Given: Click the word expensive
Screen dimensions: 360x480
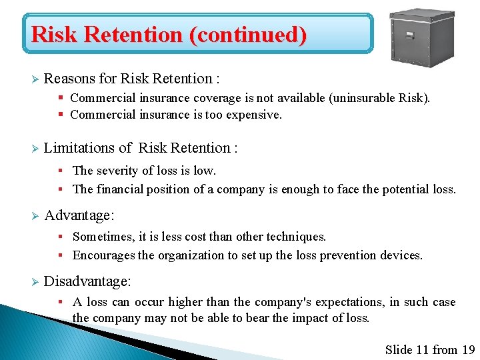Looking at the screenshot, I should click(255, 115).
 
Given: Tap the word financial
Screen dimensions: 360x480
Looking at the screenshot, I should click(121, 189).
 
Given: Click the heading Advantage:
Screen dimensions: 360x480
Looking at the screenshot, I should click(79, 215).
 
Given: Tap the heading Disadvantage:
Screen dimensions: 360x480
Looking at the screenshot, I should click(87, 281).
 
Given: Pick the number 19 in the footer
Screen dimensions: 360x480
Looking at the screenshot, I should click(468, 349).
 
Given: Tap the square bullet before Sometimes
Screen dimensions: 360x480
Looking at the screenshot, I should click(59, 237).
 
